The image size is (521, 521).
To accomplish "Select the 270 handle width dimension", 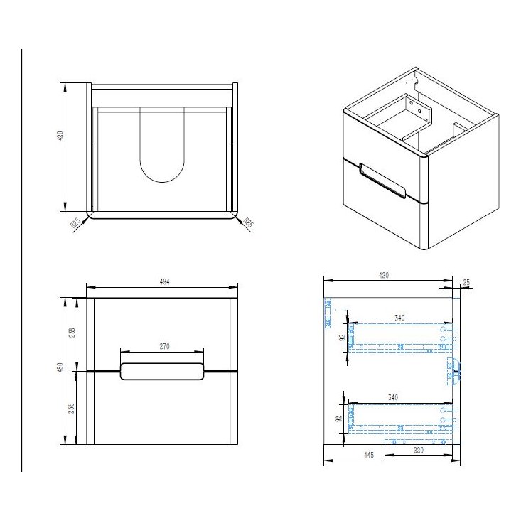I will tap(163, 346).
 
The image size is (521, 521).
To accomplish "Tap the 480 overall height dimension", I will tap(61, 368).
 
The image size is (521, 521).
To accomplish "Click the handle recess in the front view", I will tap(163, 371).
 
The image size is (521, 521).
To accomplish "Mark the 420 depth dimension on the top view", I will tap(61, 135).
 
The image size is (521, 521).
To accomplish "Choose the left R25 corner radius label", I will tap(75, 223).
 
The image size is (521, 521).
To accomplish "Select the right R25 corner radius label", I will tap(248, 222).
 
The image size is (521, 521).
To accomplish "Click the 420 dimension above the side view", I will tap(384, 275).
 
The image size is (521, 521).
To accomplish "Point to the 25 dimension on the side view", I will tap(466, 283).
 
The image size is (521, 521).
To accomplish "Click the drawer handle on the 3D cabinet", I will tap(383, 181).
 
